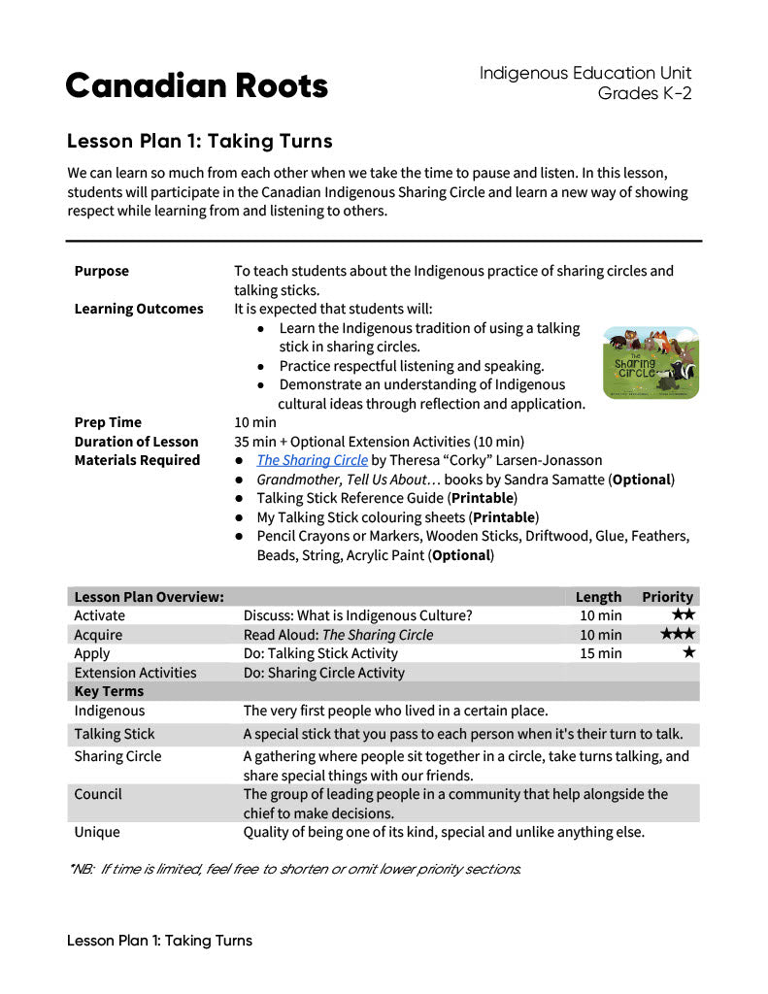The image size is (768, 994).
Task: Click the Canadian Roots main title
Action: pos(197,86)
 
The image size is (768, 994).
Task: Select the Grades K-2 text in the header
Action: pos(645,93)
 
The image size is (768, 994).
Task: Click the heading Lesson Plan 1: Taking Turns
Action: pos(199,142)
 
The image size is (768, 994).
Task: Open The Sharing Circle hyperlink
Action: pos(312,460)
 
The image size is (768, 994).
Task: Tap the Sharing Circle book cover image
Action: pos(651,363)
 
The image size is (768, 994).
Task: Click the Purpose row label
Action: pos(101,271)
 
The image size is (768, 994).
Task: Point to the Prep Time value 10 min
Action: pos(255,422)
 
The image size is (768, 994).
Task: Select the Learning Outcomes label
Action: pos(139,309)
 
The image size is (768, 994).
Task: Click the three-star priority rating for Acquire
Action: pos(678,634)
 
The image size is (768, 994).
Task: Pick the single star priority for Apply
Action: pos(689,652)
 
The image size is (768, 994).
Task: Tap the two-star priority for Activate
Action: pos(684,614)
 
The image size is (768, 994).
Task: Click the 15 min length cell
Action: pos(600,653)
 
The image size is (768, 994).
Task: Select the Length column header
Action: pos(598,597)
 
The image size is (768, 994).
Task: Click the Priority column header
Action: pos(667,597)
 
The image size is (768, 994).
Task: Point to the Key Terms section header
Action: pos(109,691)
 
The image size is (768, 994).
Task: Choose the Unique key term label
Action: pos(97,832)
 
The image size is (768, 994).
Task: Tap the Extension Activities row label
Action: pos(135,673)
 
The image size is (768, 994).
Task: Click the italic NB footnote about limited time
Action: pos(295,869)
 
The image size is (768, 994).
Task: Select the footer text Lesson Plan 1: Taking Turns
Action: pos(159,941)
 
